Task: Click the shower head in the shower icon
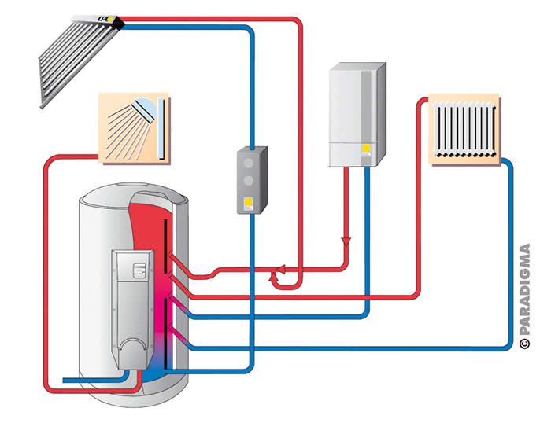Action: click(142, 107)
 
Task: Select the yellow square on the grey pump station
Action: click(249, 202)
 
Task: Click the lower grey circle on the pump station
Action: click(249, 180)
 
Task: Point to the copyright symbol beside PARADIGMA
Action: click(525, 344)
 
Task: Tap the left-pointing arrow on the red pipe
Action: click(275, 276)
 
